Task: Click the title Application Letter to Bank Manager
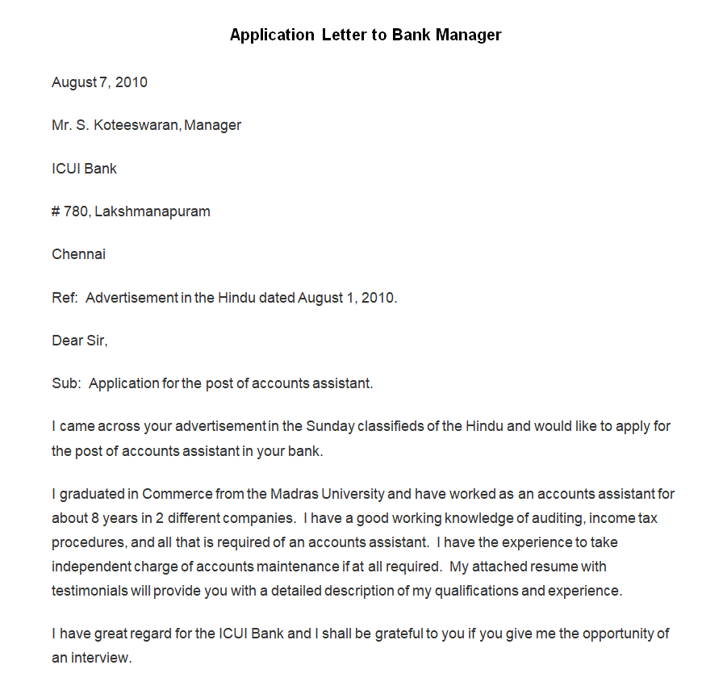pyautogui.click(x=366, y=35)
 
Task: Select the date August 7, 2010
pyautogui.click(x=99, y=82)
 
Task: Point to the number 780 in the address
pyautogui.click(x=77, y=211)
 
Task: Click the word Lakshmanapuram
pyautogui.click(x=153, y=211)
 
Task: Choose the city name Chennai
pyautogui.click(x=78, y=254)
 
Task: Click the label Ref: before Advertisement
pyautogui.click(x=65, y=298)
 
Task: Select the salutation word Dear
pyautogui.click(x=67, y=341)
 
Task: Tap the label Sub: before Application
pyautogui.click(x=66, y=383)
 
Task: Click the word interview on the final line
pyautogui.click(x=100, y=658)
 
